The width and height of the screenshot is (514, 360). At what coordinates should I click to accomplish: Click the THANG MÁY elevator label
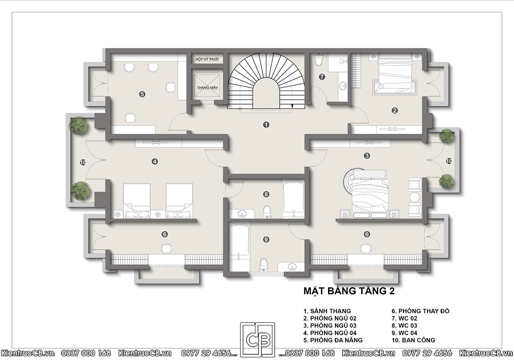pos(207,87)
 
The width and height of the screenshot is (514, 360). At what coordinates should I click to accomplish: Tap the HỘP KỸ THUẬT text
pos(207,59)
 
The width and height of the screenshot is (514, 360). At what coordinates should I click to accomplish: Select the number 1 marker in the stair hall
pos(266,125)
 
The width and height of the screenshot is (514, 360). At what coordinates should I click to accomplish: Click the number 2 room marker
pos(394,111)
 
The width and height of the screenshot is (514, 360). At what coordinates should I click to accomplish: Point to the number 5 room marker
pos(142,94)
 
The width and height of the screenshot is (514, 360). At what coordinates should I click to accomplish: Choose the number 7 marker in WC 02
pos(322,77)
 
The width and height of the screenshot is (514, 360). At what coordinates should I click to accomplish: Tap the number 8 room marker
pos(266,194)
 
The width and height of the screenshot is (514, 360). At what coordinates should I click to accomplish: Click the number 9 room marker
pos(266,240)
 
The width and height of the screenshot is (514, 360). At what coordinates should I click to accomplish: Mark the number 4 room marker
pos(155,162)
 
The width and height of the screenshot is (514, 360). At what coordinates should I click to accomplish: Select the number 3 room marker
pos(367,156)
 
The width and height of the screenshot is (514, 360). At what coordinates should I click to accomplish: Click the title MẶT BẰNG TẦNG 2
pos(349,291)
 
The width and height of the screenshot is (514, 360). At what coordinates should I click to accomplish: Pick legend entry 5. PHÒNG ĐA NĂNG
pos(333,340)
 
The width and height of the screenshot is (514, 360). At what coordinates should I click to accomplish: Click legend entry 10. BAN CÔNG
pos(413,340)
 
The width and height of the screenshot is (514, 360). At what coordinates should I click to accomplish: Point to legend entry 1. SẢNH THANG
pos(327,311)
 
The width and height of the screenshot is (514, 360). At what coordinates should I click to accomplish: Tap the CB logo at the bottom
pos(257,339)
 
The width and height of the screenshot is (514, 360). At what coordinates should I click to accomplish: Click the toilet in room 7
pos(319,59)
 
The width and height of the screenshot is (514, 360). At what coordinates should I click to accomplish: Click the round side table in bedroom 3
pos(414,197)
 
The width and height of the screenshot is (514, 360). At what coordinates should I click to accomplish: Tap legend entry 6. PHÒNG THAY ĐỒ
pos(420,311)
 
